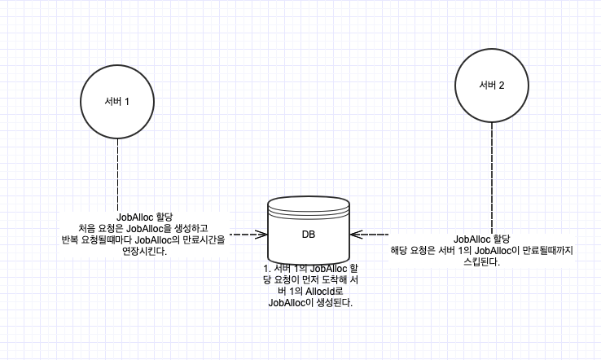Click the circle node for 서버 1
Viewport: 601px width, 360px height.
coord(117,101)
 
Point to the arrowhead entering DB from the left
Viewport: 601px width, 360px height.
coord(262,235)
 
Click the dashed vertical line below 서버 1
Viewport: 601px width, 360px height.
coord(117,171)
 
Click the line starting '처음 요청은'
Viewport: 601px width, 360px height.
coord(143,228)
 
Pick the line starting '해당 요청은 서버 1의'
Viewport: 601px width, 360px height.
coord(482,250)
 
